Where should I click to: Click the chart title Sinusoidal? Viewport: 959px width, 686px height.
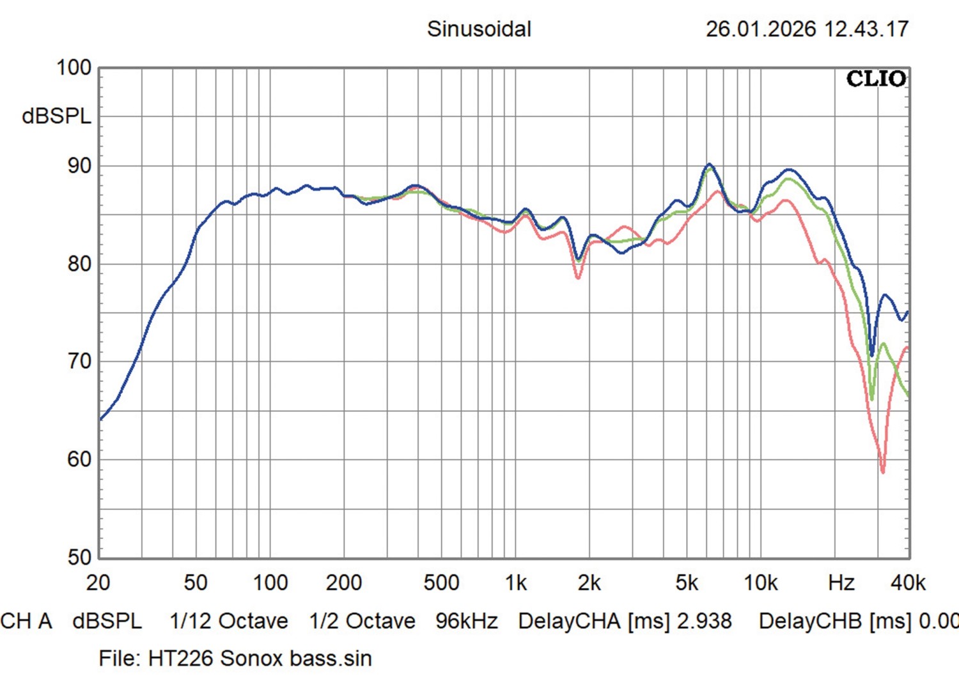pos(479,29)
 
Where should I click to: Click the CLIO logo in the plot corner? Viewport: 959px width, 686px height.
pos(876,79)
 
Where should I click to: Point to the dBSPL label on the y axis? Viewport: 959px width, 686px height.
pos(56,116)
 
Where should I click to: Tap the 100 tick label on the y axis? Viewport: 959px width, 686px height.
pos(74,68)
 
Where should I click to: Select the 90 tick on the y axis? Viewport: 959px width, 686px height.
pos(79,166)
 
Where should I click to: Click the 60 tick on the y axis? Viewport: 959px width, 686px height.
pos(79,459)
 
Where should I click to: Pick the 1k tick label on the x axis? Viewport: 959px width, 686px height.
pos(515,583)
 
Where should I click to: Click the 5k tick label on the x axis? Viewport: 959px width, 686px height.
pos(686,583)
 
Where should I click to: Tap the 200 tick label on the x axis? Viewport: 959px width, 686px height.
pos(343,583)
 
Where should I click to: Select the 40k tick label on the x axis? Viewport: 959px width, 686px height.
pos(908,583)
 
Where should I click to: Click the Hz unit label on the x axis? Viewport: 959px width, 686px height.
pos(841,583)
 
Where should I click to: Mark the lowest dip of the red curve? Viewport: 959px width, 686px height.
pos(883,471)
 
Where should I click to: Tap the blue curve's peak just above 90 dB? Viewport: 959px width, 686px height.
pos(708,165)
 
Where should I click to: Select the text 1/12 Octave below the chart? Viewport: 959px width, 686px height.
pos(228,621)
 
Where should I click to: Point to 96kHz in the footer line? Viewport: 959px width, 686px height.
pos(466,621)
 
